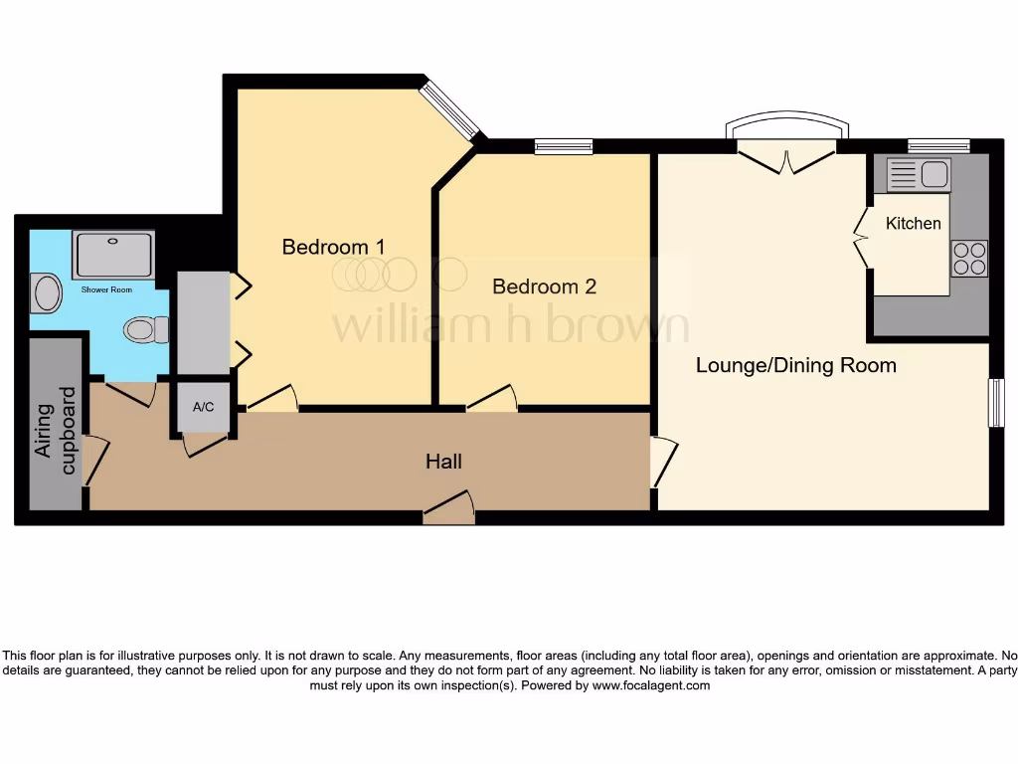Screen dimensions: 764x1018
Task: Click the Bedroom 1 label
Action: (333, 247)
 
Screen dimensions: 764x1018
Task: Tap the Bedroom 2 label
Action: (544, 286)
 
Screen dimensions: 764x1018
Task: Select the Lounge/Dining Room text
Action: (795, 365)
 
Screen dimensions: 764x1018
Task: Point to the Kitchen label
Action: (913, 223)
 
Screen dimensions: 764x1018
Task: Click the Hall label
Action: (443, 462)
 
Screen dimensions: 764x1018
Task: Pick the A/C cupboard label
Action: (203, 407)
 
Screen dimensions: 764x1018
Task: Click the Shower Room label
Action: (106, 290)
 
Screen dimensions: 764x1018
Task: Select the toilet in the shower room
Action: (145, 328)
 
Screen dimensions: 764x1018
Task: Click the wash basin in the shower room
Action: (47, 293)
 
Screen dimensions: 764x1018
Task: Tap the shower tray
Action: (114, 255)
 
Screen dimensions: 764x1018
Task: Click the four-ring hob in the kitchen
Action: (969, 259)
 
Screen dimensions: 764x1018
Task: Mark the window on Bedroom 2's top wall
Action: (564, 147)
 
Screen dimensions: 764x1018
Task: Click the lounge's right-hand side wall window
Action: (995, 403)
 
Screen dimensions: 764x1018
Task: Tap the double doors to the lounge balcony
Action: (787, 157)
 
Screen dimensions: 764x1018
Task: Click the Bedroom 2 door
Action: (492, 400)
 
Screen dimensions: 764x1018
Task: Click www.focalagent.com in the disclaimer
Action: (651, 685)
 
